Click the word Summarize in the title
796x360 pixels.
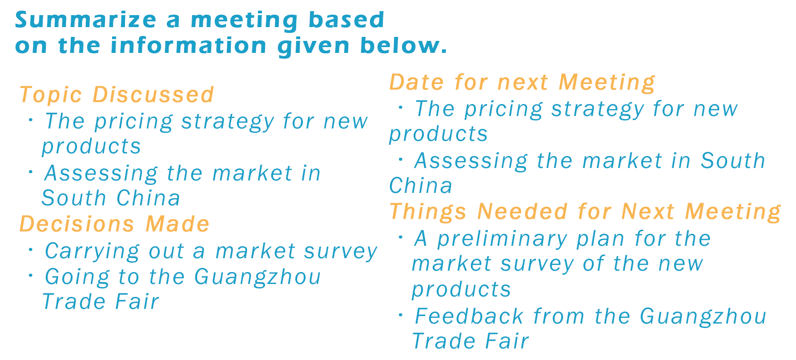pyautogui.click(x=86, y=20)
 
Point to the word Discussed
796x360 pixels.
pyautogui.click(x=153, y=95)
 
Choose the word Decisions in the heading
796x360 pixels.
pyautogui.click(x=77, y=224)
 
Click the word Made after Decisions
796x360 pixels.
pyautogui.click(x=177, y=224)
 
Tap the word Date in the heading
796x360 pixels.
pyautogui.click(x=417, y=82)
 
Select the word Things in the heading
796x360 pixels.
pyautogui.click(x=428, y=212)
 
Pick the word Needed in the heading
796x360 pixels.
pyautogui.click(x=522, y=212)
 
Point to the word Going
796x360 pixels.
pyautogui.click(x=77, y=277)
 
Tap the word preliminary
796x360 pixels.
pyautogui.click(x=502, y=240)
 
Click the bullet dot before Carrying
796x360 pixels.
pyautogui.click(x=31, y=249)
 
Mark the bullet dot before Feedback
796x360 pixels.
pyautogui.click(x=401, y=315)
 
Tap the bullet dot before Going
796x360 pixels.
pyautogui.click(x=31, y=276)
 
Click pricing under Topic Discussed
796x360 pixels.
pyautogui.click(x=133, y=122)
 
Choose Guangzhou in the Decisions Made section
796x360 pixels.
pyautogui.click(x=257, y=277)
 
